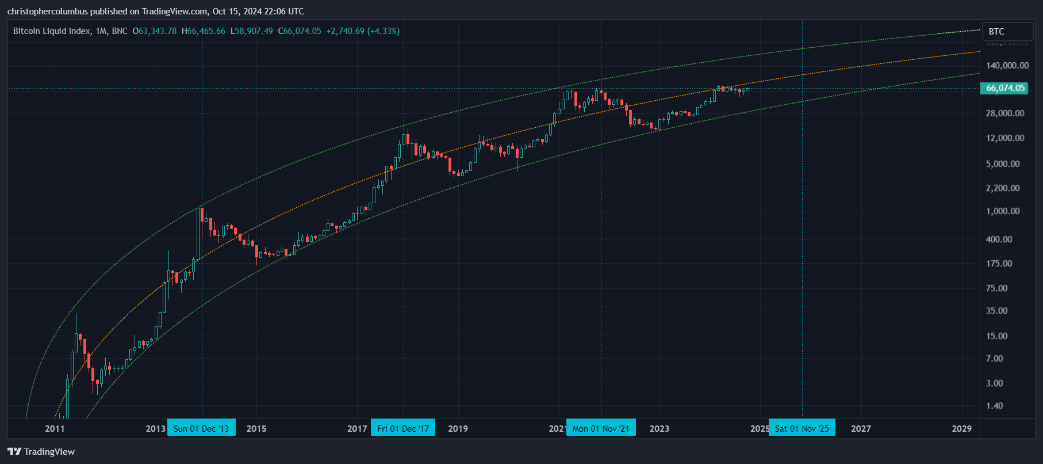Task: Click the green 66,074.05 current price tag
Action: pos(1005,88)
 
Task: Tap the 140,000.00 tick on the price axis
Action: pos(1007,66)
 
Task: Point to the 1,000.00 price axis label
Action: pos(1003,211)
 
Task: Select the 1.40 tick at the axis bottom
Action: pos(994,406)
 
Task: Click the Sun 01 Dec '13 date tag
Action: pos(201,428)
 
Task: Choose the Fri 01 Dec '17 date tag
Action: pos(403,428)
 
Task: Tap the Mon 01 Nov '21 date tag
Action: pos(601,428)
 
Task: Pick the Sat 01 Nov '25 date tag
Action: pos(802,428)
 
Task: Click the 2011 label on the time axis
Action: pos(55,428)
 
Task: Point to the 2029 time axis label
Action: pos(961,428)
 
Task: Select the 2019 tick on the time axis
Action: pos(458,428)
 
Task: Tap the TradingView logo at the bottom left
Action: pos(41,451)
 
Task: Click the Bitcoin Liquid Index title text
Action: pos(52,31)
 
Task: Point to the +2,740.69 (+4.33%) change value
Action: pos(363,31)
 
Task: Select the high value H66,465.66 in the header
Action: pos(204,31)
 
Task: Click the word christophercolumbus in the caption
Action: pos(47,12)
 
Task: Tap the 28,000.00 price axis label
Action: pos(1005,113)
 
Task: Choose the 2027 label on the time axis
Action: pos(861,428)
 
